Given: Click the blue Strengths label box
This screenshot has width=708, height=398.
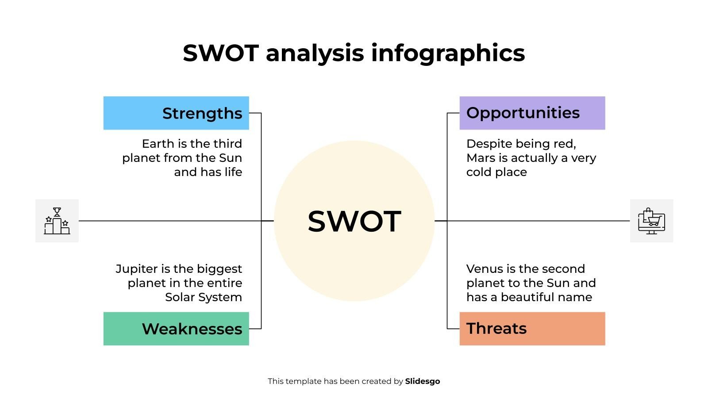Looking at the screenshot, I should tap(176, 113).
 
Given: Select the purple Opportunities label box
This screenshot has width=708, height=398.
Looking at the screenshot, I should tap(532, 113).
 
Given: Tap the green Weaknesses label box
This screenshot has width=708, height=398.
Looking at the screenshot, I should tap(176, 329).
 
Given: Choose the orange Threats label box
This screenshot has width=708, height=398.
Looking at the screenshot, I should tap(532, 329).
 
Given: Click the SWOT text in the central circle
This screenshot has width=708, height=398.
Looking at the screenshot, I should tap(354, 222).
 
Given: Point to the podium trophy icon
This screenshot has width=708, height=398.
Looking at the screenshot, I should tap(57, 221).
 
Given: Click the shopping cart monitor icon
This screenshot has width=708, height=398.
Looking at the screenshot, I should tap(651, 221).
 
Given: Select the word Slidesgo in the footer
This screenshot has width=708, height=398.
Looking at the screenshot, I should tap(422, 381).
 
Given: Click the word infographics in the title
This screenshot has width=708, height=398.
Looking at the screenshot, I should tap(448, 54).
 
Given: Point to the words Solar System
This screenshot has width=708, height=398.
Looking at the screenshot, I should tap(204, 297).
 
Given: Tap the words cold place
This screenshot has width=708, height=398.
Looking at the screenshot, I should tap(496, 172).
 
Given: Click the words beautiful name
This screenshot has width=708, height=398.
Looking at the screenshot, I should tap(546, 297).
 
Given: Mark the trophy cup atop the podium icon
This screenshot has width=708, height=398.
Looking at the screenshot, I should tap(57, 212).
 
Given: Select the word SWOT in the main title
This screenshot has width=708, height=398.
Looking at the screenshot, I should tap(220, 54).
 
